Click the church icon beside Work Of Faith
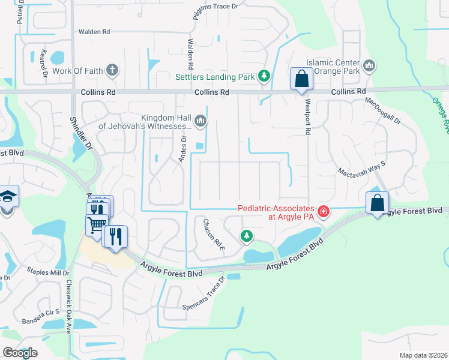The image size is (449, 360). point(112,71)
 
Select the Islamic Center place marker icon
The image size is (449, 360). point(369,65)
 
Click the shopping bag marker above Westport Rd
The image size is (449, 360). point(301,79)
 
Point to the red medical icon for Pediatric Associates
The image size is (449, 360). point(324,211)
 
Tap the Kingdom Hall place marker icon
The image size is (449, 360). point(200,122)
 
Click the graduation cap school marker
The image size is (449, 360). point(8,197)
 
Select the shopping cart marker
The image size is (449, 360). point(96,226)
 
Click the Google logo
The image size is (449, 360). point(20,353)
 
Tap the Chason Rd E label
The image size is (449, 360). point(213,235)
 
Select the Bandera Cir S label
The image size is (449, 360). point(41,313)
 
